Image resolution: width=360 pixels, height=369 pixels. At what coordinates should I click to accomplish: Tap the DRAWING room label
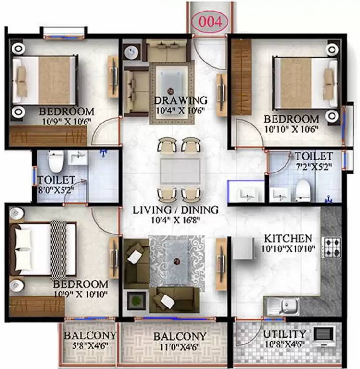point(180,100)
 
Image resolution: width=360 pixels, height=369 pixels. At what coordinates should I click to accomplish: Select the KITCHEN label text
point(288,238)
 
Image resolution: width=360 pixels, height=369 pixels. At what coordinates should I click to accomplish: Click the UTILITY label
point(285,334)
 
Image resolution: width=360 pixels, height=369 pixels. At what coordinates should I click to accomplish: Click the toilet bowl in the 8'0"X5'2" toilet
point(55,162)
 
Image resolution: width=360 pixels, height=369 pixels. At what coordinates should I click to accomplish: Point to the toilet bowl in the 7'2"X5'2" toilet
point(303,190)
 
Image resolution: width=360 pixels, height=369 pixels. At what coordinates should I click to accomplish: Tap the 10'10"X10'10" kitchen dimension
point(288,249)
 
